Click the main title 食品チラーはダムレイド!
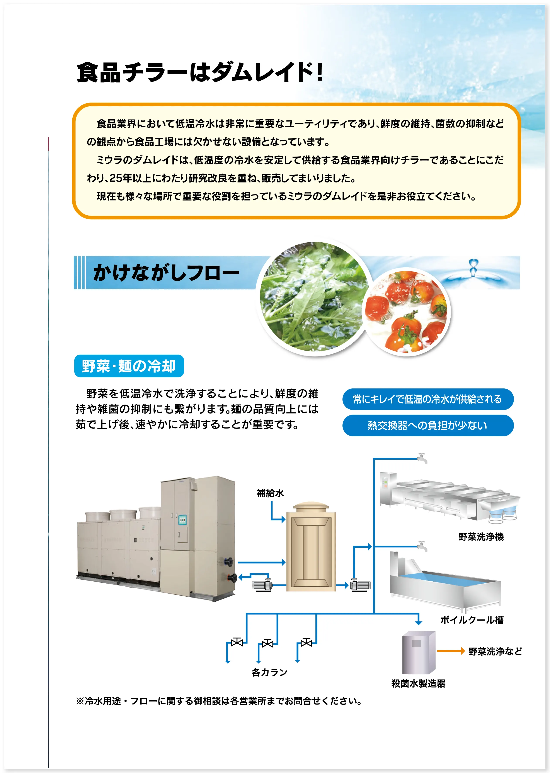coord(200,72)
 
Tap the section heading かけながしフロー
coord(166,273)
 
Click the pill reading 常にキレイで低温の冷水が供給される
coord(428,399)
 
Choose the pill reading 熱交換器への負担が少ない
coord(428,425)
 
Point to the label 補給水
coord(270,493)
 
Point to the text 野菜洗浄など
coord(495,651)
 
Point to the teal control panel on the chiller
coord(183,520)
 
